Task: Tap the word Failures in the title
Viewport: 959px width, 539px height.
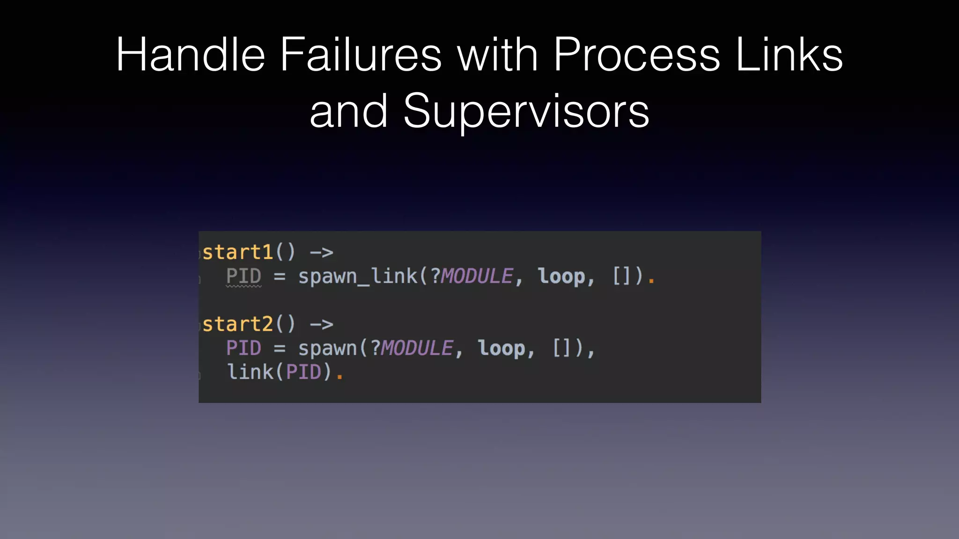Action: pyautogui.click(x=361, y=55)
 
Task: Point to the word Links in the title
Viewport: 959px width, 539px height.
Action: pyautogui.click(x=789, y=55)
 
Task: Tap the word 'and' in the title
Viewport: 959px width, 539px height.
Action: pyautogui.click(x=348, y=111)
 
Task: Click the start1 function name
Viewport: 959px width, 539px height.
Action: pyautogui.click(x=238, y=253)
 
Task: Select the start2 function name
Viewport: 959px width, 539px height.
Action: pyautogui.click(x=238, y=324)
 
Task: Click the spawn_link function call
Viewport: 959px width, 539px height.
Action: pyautogui.click(x=358, y=276)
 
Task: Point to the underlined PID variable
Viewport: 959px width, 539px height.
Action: pyautogui.click(x=243, y=276)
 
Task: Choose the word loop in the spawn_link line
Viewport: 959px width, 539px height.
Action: pyautogui.click(x=561, y=276)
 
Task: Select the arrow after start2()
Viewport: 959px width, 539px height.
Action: pyautogui.click(x=322, y=324)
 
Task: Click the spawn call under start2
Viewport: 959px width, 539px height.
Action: pyautogui.click(x=328, y=349)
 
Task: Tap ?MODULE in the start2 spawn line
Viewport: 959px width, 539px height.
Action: pyautogui.click(x=412, y=349)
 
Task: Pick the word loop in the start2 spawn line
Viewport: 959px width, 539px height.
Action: pyautogui.click(x=502, y=349)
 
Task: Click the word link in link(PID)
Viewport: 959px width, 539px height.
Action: pyautogui.click(x=251, y=372)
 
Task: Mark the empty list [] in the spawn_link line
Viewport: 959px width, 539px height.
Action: pyautogui.click(x=621, y=276)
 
